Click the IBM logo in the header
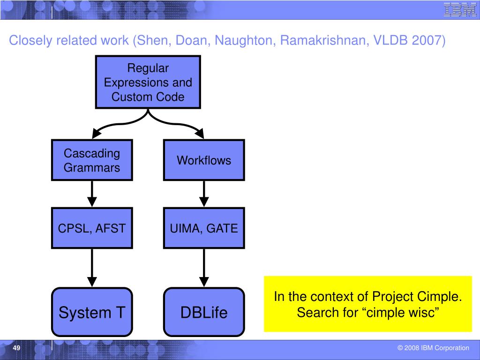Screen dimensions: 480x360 point(460,9)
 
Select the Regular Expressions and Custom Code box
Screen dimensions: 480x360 point(148,82)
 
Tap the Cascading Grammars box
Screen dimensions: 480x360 point(92,160)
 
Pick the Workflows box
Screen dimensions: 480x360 point(204,160)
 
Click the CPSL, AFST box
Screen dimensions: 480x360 point(92,228)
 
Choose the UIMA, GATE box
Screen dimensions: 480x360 point(204,228)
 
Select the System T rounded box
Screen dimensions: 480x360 point(92,312)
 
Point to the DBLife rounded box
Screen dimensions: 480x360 point(204,312)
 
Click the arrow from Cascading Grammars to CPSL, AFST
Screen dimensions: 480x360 point(92,194)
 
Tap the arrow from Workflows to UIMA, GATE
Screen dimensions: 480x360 point(204,194)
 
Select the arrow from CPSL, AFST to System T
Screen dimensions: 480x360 point(92,268)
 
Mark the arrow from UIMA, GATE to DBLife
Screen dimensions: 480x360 point(204,268)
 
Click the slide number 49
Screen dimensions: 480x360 point(16,348)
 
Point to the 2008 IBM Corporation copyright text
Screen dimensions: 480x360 point(433,348)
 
